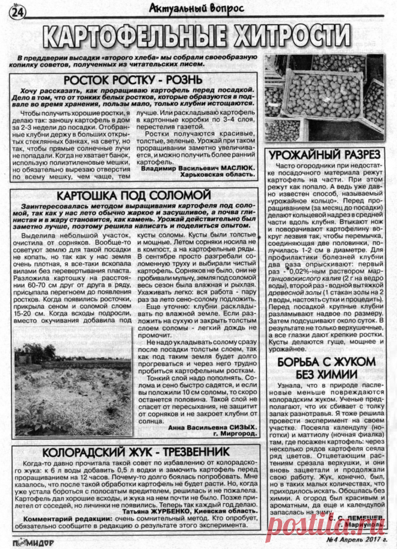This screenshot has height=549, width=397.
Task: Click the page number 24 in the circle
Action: (x=17, y=11)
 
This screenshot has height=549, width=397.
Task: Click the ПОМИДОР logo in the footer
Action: (x=28, y=541)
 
